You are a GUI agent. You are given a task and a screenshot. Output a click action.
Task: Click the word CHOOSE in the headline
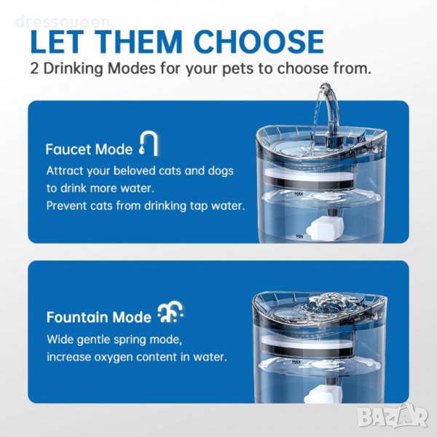(259, 42)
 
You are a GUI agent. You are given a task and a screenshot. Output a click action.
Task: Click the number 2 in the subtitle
(34, 68)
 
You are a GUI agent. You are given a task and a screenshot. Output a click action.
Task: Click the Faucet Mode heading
(89, 149)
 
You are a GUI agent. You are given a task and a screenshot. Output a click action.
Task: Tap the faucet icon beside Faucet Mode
(149, 143)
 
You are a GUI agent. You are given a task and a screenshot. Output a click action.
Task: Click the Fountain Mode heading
(98, 317)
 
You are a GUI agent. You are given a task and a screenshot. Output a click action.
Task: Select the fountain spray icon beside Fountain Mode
(170, 312)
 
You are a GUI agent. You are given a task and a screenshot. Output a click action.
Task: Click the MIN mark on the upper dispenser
(299, 237)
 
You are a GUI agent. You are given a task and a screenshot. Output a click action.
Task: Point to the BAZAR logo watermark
(393, 416)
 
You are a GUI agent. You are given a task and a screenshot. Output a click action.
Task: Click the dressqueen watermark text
(63, 23)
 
